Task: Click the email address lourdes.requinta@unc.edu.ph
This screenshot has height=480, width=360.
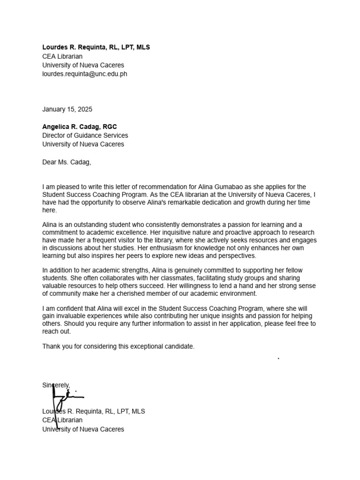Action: click(84, 74)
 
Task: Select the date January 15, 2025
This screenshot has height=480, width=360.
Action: click(67, 109)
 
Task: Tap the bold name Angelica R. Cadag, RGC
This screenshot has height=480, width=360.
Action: click(79, 127)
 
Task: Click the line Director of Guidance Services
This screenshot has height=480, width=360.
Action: click(85, 135)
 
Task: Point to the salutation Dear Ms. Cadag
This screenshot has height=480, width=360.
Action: click(67, 162)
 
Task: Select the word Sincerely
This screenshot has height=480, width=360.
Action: click(56, 385)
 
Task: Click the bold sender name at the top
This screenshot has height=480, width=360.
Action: click(96, 47)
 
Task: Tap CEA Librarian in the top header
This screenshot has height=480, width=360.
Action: click(62, 56)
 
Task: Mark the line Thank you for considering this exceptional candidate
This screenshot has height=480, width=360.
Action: click(118, 346)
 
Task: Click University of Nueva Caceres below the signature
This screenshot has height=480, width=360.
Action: click(83, 429)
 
